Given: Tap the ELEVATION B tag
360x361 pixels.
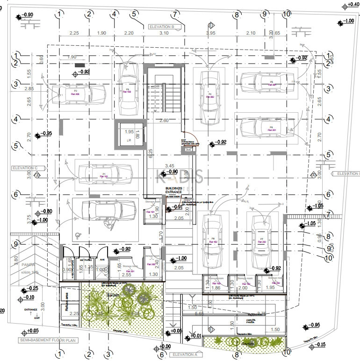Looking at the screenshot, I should pyautogui.click(x=161, y=27).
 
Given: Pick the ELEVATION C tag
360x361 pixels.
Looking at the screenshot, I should pyautogui.click(x=25, y=167).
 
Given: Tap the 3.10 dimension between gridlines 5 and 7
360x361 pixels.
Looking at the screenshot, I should pyautogui.click(x=164, y=33).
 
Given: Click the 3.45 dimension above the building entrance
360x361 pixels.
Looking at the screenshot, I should pyautogui.click(x=170, y=166).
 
